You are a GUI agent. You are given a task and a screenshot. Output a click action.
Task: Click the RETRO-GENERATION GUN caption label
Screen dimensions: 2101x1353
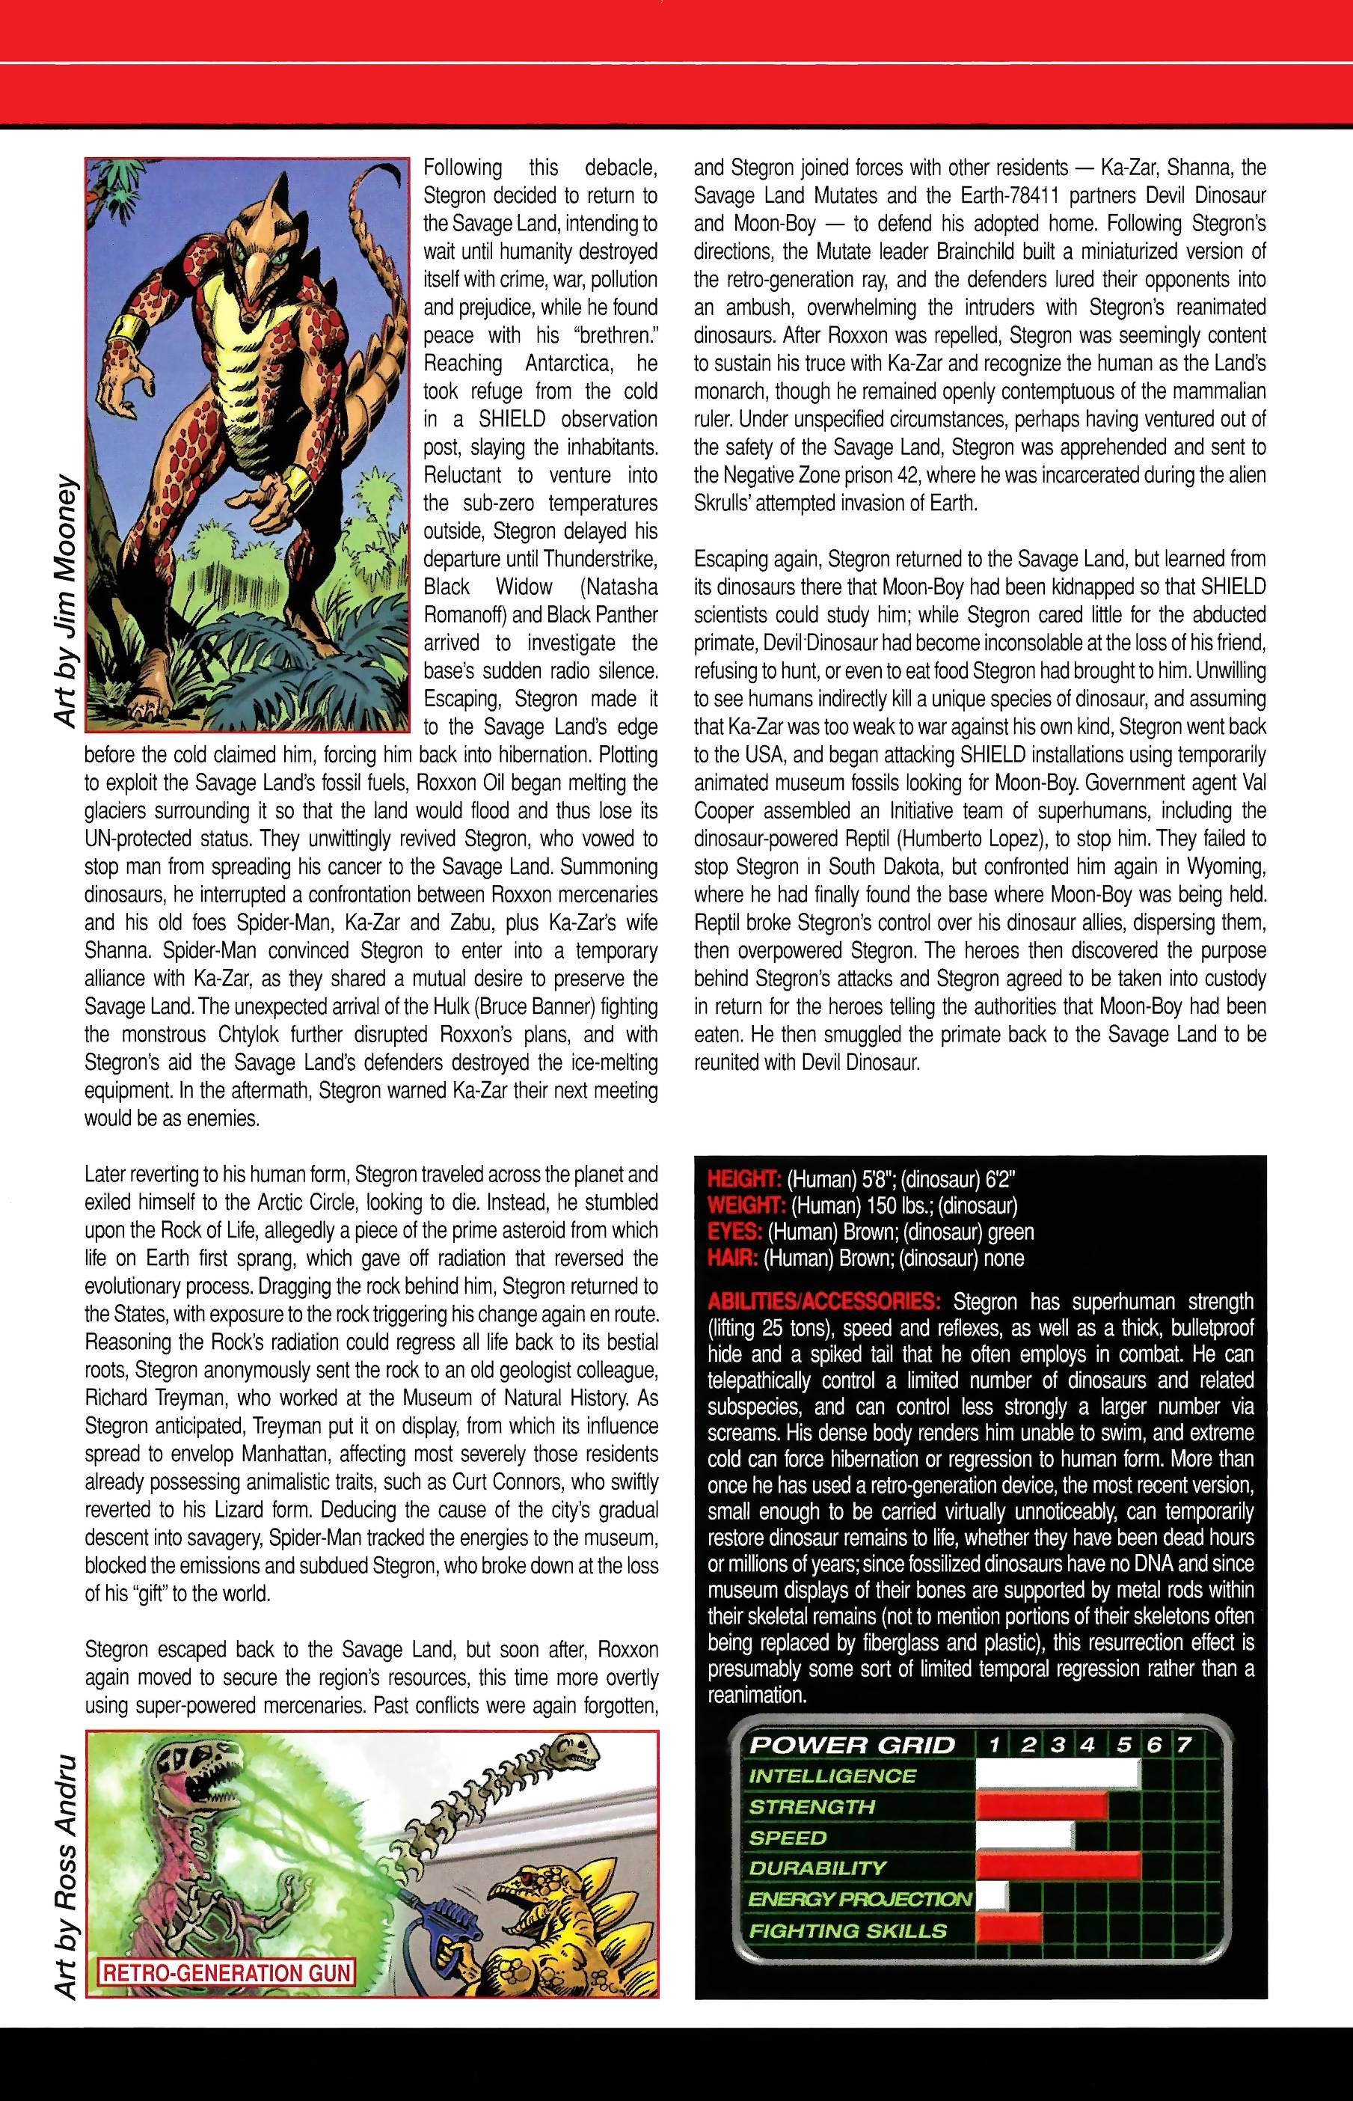pos(227,1973)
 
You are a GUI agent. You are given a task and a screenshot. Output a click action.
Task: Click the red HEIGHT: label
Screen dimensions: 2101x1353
pos(744,1179)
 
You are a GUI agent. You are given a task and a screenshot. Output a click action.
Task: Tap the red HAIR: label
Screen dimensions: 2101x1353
pos(733,1259)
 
